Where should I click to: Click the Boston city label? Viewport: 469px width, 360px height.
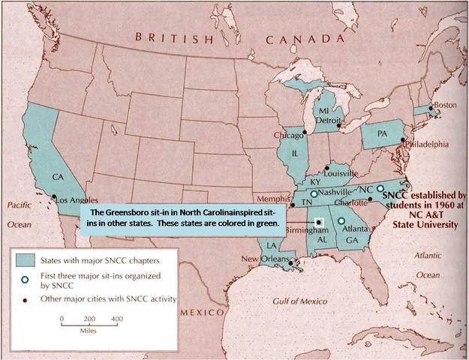[x=445, y=105]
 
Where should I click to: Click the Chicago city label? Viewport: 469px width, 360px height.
[x=288, y=136]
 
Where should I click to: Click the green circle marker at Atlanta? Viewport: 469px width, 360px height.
[x=341, y=221]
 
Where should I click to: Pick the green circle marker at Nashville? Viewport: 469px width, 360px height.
[x=314, y=193]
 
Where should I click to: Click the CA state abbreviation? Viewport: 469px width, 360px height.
[x=56, y=177]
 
